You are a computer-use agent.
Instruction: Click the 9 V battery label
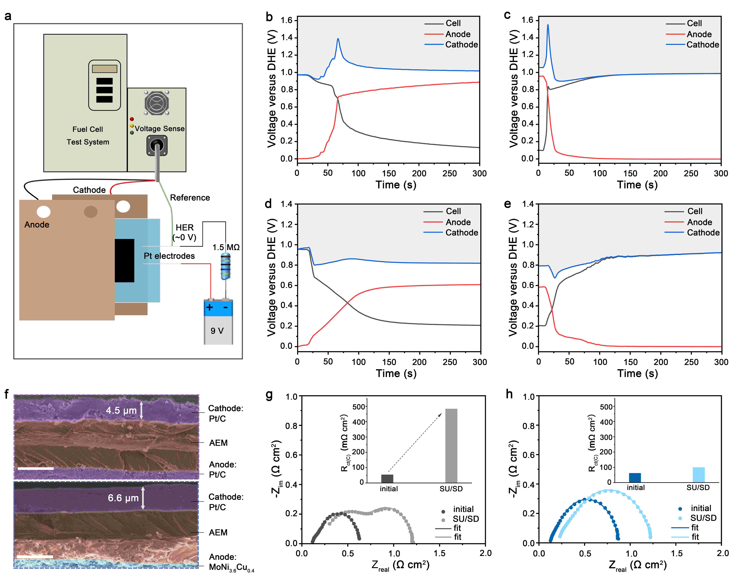(217, 331)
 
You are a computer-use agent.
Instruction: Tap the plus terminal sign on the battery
(209, 307)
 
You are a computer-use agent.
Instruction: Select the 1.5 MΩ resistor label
(226, 247)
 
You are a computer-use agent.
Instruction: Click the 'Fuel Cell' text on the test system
(88, 129)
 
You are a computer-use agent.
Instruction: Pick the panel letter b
(269, 17)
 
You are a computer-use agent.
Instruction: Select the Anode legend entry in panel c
(699, 34)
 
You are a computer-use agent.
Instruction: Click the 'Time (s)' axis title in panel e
(637, 373)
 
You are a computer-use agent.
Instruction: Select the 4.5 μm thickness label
(121, 410)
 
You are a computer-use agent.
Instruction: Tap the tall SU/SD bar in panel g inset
(451, 445)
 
